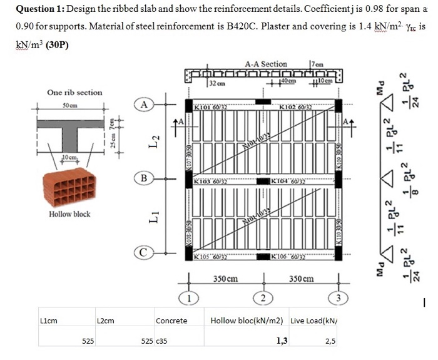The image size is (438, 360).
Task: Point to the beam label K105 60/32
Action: click(213, 257)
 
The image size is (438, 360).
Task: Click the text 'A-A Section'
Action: click(266, 64)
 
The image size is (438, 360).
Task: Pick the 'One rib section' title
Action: click(74, 93)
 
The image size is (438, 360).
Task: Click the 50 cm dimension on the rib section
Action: click(69, 105)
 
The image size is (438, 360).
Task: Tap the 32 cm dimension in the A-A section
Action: click(216, 83)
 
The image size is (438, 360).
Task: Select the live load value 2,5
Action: click(331, 341)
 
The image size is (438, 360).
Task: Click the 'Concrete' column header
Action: click(171, 321)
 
